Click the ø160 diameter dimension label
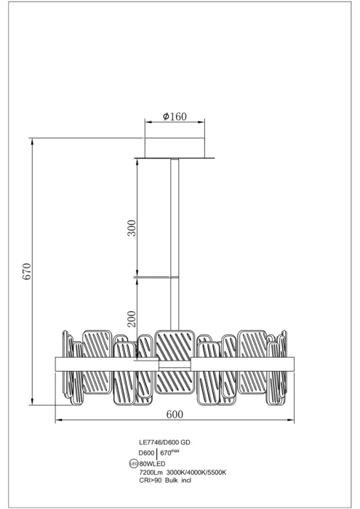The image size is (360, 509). click(175, 116)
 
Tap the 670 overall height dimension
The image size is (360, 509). click(27, 271)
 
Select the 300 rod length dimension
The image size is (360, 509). click(132, 228)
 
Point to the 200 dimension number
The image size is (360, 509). click(132, 318)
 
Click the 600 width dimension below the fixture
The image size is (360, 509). click(175, 414)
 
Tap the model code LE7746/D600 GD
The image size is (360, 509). click(164, 442)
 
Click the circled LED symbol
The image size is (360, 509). click(134, 464)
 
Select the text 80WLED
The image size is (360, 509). click(152, 464)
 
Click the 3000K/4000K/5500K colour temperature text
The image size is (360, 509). click(196, 473)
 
